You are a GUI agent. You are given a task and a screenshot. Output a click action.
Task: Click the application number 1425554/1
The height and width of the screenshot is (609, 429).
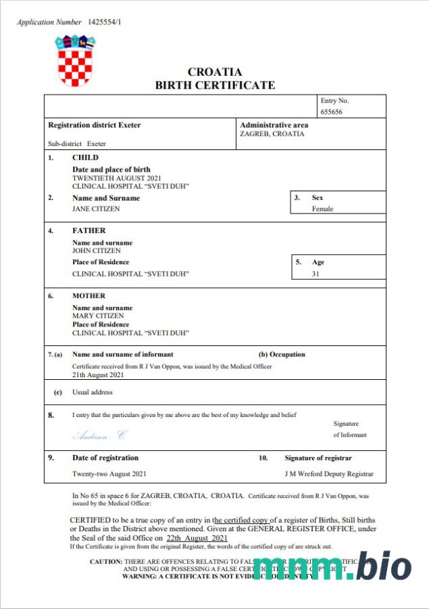(105, 22)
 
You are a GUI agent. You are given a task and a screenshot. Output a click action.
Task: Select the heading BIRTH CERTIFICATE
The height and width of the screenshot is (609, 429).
(215, 85)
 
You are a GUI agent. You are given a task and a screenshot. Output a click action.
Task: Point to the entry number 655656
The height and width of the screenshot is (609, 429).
(332, 112)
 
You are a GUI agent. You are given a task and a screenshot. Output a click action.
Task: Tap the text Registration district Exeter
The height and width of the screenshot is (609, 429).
(95, 125)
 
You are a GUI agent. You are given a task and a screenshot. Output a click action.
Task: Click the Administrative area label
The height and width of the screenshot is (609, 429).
(274, 125)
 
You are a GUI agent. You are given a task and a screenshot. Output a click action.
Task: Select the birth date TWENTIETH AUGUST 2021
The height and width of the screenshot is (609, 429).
(112, 178)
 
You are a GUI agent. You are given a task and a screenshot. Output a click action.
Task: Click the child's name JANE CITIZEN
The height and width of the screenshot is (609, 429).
(95, 209)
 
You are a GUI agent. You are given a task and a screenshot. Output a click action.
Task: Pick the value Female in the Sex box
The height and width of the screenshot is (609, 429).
(322, 209)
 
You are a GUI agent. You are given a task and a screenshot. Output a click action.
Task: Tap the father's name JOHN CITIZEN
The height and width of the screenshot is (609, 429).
(96, 251)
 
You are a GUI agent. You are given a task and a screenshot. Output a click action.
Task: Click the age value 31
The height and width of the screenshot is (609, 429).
(316, 274)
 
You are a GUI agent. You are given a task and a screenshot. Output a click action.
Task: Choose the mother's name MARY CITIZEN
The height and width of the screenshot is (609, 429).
(97, 316)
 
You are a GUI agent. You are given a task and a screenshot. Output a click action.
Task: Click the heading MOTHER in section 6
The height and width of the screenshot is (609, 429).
(89, 296)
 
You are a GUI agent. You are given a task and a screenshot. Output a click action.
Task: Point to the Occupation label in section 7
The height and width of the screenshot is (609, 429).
(282, 354)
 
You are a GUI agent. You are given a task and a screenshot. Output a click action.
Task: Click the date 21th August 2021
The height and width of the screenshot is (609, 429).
(98, 374)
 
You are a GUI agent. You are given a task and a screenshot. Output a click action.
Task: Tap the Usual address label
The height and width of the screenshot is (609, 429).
(93, 392)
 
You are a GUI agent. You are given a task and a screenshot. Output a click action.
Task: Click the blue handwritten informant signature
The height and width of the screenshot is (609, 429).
(99, 435)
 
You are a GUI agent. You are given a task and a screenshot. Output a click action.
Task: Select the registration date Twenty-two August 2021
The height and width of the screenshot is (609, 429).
(109, 474)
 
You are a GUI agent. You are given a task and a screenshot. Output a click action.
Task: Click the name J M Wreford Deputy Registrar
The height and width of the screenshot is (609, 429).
(329, 474)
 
